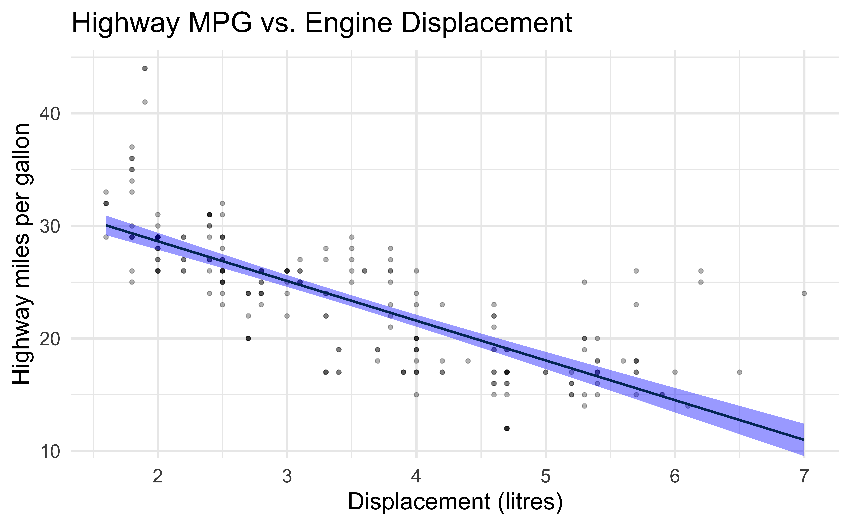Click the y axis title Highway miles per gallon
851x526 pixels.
click(x=22, y=254)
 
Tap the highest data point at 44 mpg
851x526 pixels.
click(x=145, y=68)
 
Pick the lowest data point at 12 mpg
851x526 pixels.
click(x=507, y=428)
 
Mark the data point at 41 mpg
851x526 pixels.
click(x=145, y=102)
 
